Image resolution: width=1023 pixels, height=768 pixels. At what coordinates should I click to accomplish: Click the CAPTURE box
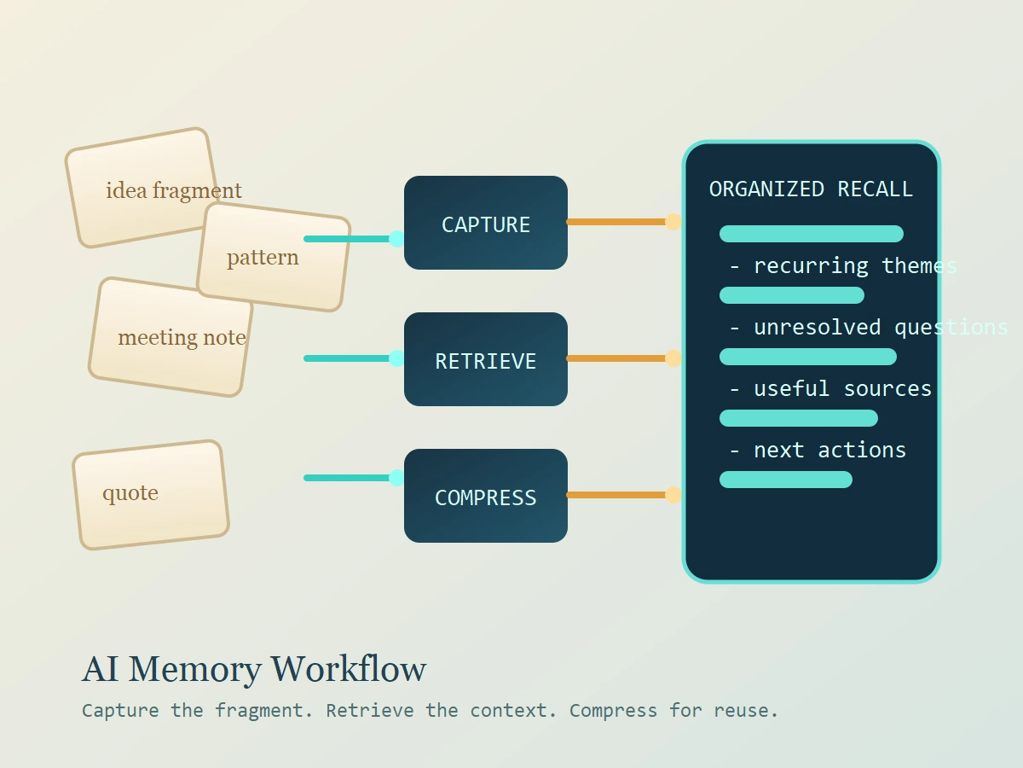click(x=486, y=224)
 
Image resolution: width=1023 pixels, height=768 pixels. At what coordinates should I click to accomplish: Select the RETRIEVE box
click(x=486, y=360)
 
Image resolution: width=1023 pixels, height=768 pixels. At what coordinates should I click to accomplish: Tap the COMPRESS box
click(x=486, y=497)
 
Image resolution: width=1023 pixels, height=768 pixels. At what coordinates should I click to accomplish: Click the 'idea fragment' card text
click(x=173, y=190)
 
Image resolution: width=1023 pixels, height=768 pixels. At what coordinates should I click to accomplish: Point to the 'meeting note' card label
click(x=182, y=338)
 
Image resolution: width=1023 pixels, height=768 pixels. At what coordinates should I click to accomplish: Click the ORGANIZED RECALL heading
click(x=811, y=189)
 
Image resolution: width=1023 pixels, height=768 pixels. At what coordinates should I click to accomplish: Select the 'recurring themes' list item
click(x=842, y=265)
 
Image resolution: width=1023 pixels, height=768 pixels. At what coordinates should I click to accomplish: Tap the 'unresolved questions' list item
click(x=868, y=327)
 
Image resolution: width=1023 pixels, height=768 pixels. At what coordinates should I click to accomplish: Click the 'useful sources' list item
click(x=830, y=388)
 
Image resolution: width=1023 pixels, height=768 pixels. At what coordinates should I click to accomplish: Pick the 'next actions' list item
click(x=818, y=450)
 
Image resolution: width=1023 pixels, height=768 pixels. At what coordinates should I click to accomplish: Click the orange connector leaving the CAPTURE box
click(x=618, y=222)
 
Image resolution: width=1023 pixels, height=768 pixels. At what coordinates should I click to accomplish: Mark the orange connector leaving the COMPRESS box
click(x=618, y=495)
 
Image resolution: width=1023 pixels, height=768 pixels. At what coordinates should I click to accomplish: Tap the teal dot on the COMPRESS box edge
click(x=396, y=478)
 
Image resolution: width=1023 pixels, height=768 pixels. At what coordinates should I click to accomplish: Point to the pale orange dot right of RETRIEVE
click(x=673, y=358)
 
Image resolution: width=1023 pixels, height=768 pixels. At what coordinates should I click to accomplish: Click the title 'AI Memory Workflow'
click(x=254, y=669)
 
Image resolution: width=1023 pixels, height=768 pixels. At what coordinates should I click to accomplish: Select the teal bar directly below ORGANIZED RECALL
click(x=811, y=234)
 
